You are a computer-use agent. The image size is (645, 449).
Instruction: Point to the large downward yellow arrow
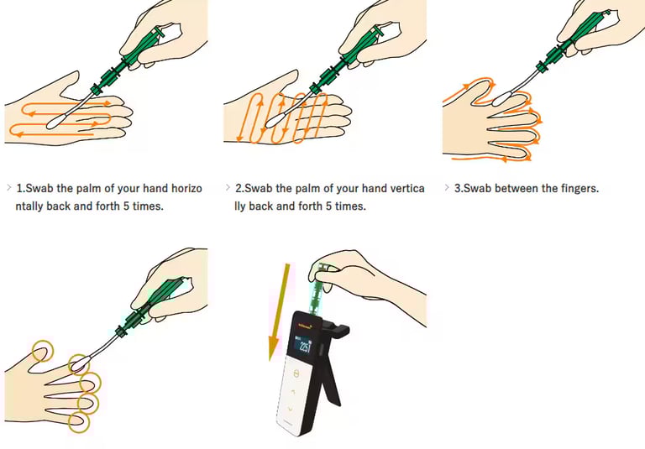pos(279,311)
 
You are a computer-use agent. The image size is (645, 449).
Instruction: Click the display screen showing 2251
pos(305,345)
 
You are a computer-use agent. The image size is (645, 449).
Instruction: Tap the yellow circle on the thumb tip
pos(43,351)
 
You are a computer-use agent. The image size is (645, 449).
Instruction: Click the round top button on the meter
pos(296,373)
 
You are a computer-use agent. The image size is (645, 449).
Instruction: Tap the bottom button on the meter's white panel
pos(291,409)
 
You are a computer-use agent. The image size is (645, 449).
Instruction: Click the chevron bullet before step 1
pos(9,188)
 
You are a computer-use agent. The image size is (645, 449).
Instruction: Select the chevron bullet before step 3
pos(447,188)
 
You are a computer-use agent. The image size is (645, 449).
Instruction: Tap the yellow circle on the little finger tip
pos(79,422)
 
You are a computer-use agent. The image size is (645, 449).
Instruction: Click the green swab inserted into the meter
pos(318,288)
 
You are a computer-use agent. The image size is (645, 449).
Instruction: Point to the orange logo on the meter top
pos(303,326)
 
